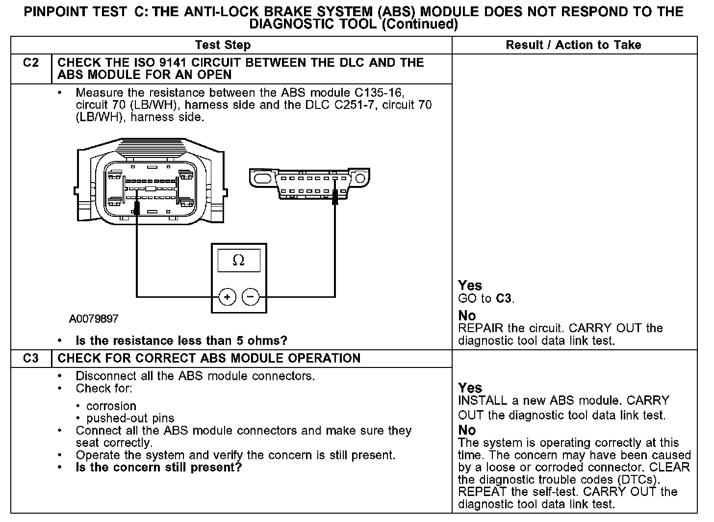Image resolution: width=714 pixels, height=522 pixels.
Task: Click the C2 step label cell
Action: point(31,63)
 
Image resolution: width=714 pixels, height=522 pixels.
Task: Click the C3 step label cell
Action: point(31,358)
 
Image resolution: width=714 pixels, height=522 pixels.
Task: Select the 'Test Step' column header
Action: point(223,45)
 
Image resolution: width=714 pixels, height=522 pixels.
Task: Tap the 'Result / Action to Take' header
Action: point(573,45)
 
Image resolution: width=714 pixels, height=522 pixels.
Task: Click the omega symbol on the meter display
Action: point(238,261)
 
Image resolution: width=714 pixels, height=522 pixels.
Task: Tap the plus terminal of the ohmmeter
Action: point(227,297)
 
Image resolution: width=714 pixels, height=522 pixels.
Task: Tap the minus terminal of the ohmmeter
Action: point(251,297)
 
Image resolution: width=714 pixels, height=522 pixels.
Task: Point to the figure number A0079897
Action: point(94,319)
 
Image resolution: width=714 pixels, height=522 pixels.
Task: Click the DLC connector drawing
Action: point(309,184)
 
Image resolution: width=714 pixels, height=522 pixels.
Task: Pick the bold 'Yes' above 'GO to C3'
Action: point(470,286)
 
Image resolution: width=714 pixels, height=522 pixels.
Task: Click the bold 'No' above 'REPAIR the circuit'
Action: point(467,315)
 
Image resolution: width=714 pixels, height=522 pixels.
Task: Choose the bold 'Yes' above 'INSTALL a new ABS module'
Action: point(470,388)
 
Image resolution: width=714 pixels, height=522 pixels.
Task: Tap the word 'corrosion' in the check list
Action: point(111,406)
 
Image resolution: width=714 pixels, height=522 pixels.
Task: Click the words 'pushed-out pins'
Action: point(130,418)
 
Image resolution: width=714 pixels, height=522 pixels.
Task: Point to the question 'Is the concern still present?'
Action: point(159,467)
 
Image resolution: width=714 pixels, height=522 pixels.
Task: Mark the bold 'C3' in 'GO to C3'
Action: point(504,298)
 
